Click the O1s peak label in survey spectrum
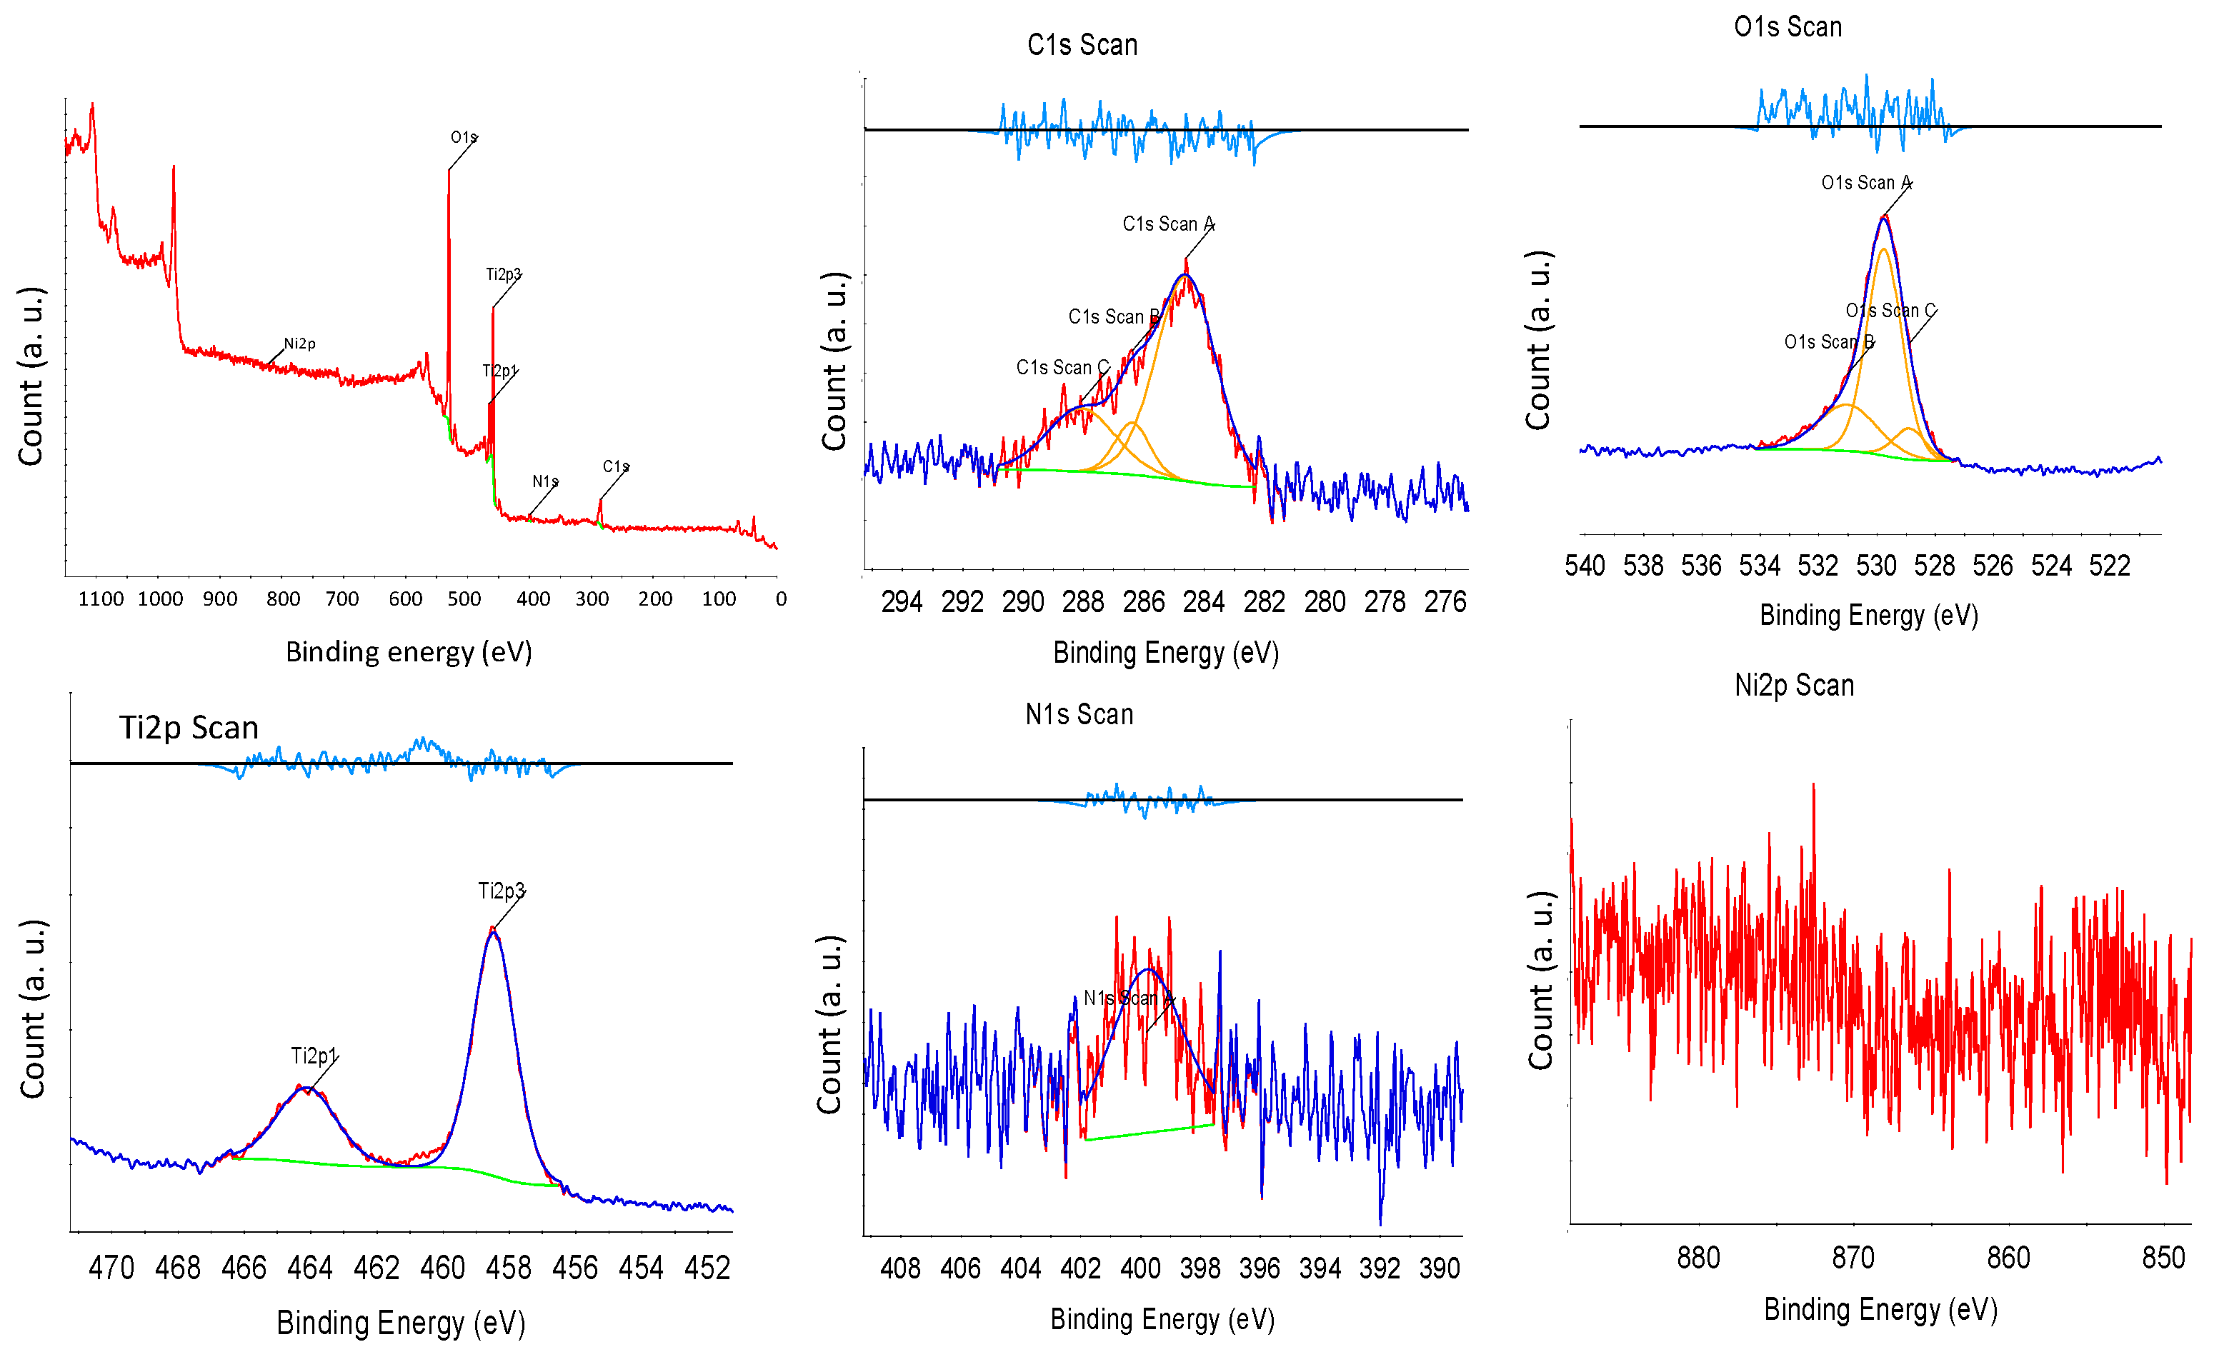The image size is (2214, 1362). tap(463, 137)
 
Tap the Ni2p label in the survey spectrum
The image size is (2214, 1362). tap(299, 344)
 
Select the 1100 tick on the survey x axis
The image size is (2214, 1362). tap(101, 599)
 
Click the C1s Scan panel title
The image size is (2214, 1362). tap(1082, 45)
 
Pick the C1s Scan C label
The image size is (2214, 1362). tap(1062, 368)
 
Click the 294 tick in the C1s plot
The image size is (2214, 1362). tap(901, 602)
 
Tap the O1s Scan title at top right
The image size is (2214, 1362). tap(1787, 27)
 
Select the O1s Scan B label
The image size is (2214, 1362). tap(1828, 342)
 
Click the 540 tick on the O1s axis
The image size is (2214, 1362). tap(1584, 566)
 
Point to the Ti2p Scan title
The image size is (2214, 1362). tap(189, 727)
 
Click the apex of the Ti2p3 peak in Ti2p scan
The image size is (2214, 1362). tap(492, 928)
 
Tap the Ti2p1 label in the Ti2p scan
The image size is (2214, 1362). tap(314, 1056)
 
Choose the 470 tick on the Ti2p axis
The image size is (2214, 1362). tap(111, 1268)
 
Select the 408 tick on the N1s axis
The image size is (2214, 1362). tap(900, 1268)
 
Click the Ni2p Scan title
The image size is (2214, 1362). tap(1793, 686)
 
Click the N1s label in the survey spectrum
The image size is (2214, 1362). tap(544, 482)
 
